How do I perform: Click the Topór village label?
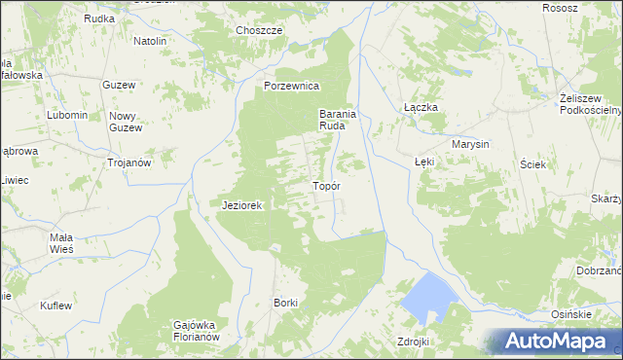pyautogui.click(x=325, y=186)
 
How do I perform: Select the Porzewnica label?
pyautogui.click(x=292, y=86)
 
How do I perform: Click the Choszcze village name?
pyautogui.click(x=259, y=30)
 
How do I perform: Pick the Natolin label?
pyautogui.click(x=150, y=42)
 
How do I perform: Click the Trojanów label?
pyautogui.click(x=128, y=162)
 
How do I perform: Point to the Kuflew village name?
pyautogui.click(x=55, y=306)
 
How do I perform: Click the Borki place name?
pyautogui.click(x=285, y=303)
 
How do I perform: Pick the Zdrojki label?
pyautogui.click(x=413, y=342)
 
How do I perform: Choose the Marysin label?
pyautogui.click(x=469, y=144)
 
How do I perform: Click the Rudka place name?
pyautogui.click(x=99, y=18)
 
